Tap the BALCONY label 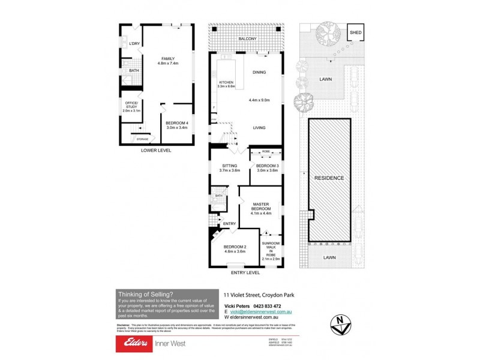click(x=247, y=39)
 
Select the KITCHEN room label click(x=226, y=82)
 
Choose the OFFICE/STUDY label click(x=130, y=106)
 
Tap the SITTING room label click(x=229, y=166)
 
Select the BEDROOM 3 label click(x=267, y=166)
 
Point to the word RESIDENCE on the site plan click(x=329, y=178)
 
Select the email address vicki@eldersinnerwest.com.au click(x=260, y=312)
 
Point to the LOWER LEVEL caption click(x=156, y=151)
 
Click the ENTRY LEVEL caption click(x=245, y=272)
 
